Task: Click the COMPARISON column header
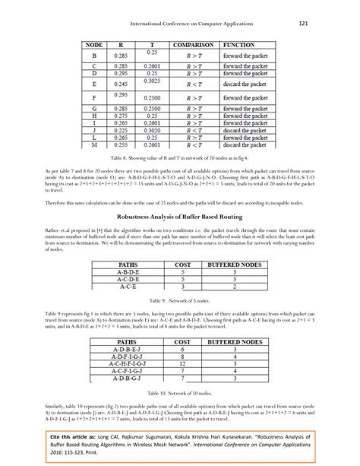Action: click(194, 46)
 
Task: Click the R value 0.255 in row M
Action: click(120, 143)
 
